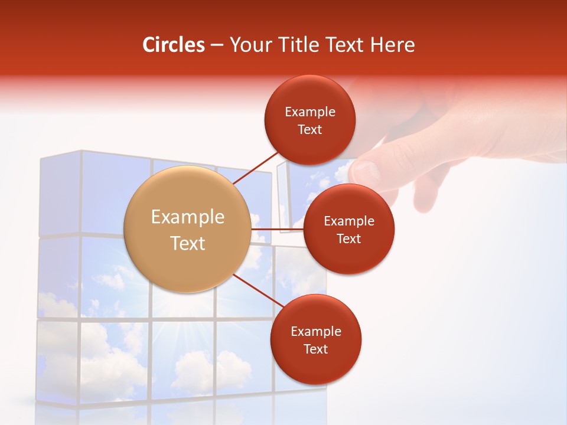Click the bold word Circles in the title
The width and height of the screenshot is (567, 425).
coord(174,45)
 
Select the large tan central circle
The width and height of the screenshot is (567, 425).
coord(188,229)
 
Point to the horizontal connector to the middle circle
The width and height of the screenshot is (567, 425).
coord(278,229)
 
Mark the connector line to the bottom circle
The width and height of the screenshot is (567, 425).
coord(259,291)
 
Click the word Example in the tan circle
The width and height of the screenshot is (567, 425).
coord(188,217)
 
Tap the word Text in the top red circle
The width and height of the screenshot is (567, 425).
coord(309,129)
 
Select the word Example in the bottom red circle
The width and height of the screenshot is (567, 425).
coord(315,331)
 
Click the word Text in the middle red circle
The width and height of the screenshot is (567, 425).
coord(348,238)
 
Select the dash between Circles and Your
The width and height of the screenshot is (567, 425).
coord(217,45)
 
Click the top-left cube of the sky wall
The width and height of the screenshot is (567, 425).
coord(59,195)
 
